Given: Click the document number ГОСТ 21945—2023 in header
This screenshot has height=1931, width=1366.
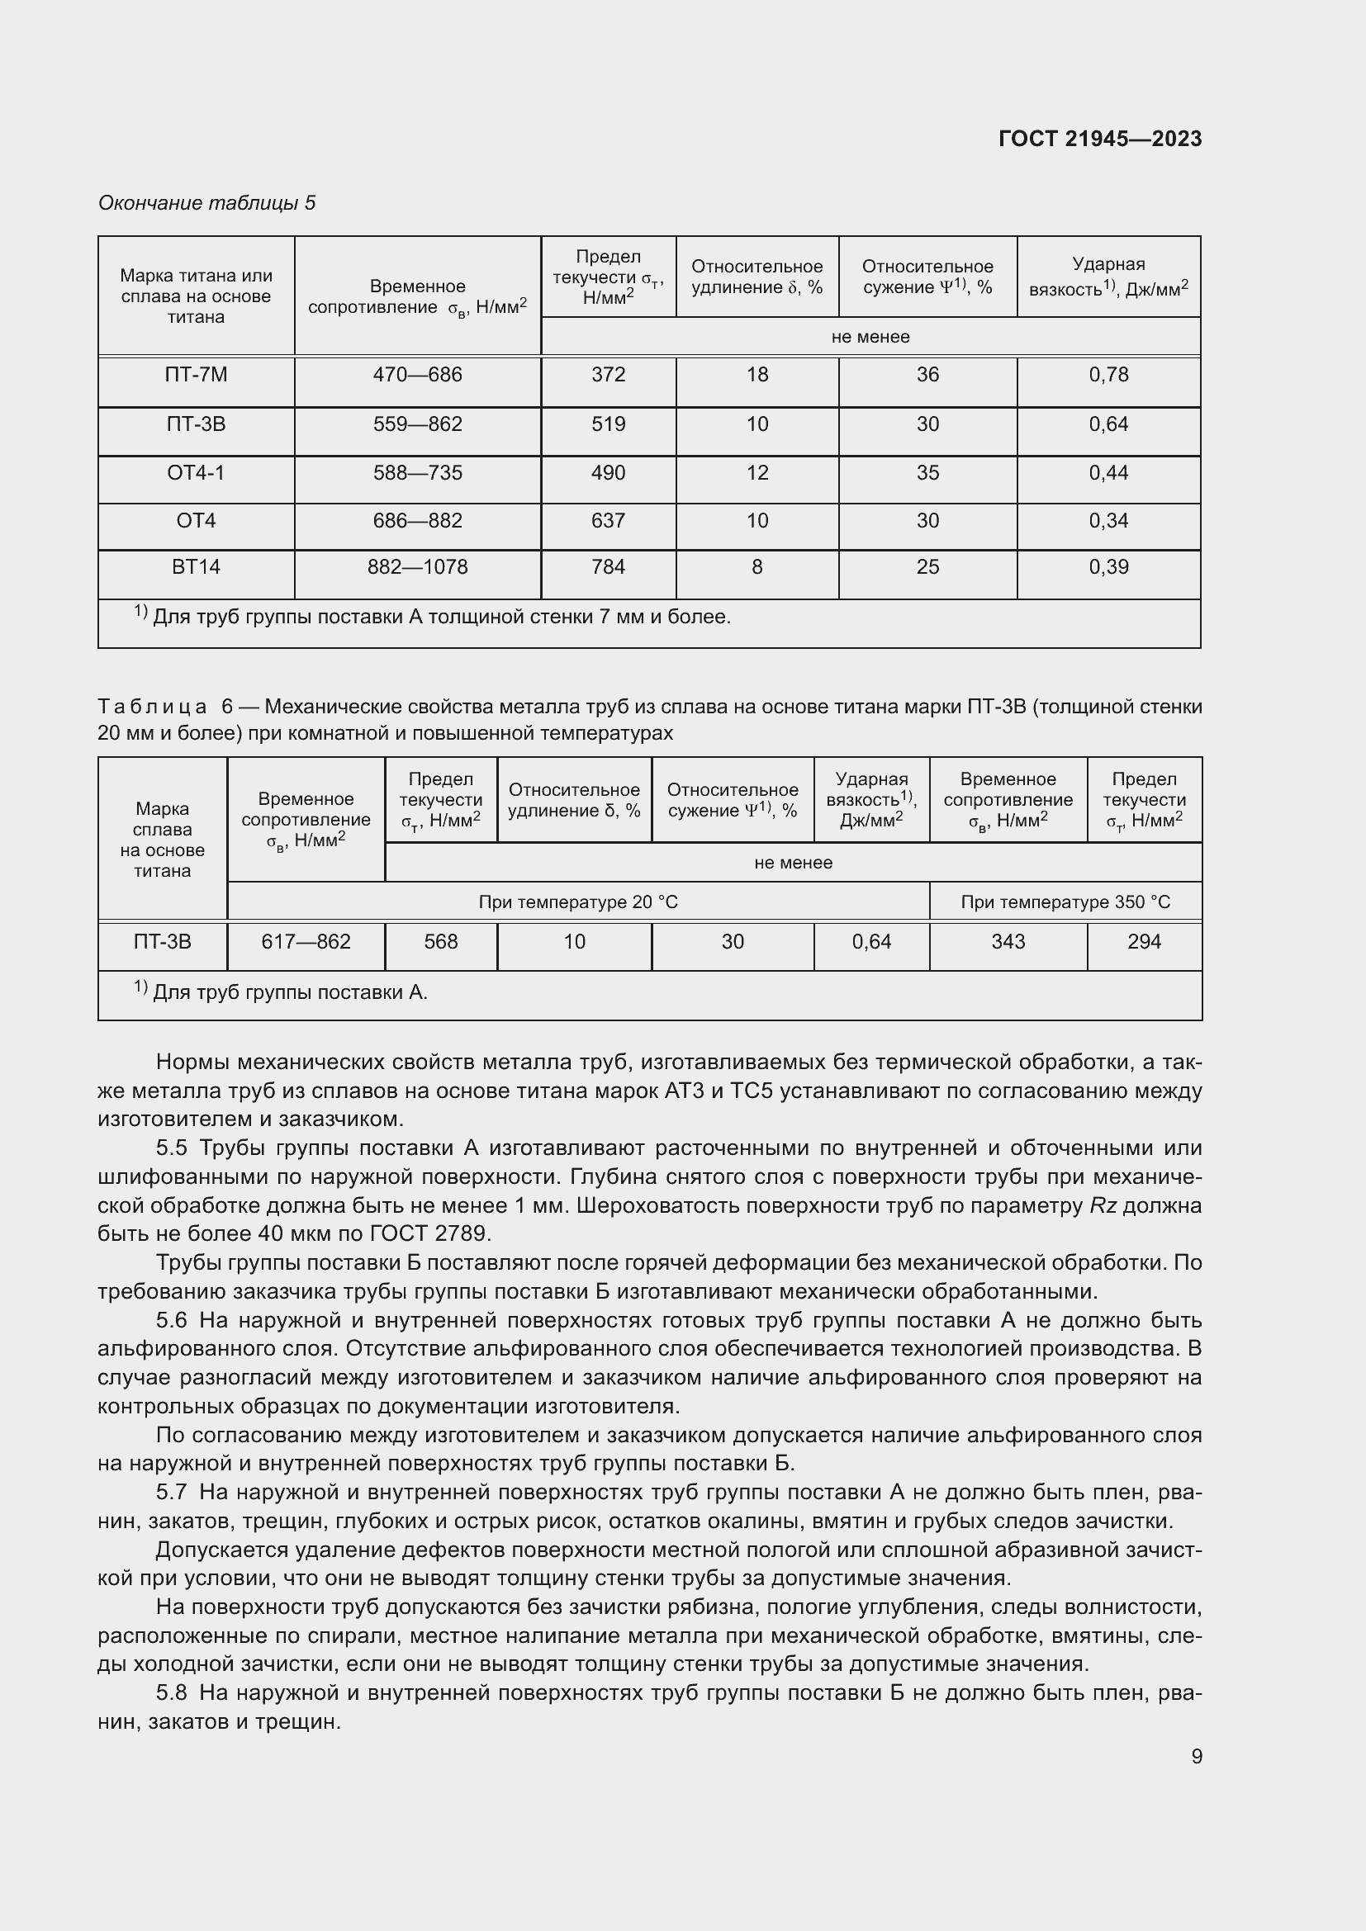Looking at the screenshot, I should pyautogui.click(x=1099, y=139).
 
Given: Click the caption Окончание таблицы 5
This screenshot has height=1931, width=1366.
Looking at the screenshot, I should pyautogui.click(x=207, y=203).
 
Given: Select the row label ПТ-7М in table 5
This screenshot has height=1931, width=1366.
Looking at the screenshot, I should pyautogui.click(x=196, y=375).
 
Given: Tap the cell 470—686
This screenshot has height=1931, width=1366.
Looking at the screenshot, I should pyautogui.click(x=417, y=375).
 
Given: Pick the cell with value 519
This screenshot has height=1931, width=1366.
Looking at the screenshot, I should pyautogui.click(x=608, y=424).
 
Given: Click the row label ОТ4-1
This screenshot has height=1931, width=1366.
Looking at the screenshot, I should pyautogui.click(x=196, y=474).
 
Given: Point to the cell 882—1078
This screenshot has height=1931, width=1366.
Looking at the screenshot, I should pyautogui.click(x=417, y=568).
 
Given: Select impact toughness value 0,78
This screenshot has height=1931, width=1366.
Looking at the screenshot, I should pyautogui.click(x=1108, y=375).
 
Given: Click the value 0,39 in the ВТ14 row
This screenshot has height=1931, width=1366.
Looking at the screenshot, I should pyautogui.click(x=1108, y=568).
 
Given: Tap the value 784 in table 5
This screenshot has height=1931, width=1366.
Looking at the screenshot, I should pyautogui.click(x=608, y=568).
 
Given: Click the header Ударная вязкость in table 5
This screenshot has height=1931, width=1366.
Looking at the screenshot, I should pyautogui.click(x=1108, y=277).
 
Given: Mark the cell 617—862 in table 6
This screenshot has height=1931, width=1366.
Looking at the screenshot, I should pyautogui.click(x=306, y=942).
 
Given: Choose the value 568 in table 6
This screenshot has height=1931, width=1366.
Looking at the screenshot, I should pyautogui.click(x=441, y=942).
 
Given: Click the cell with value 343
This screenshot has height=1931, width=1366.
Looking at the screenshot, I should pyautogui.click(x=1008, y=942).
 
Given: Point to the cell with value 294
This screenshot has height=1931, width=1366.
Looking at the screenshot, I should pyautogui.click(x=1144, y=942).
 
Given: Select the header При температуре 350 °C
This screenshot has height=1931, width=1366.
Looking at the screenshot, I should pyautogui.click(x=1065, y=902).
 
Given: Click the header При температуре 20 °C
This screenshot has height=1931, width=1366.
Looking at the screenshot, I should pyautogui.click(x=578, y=902).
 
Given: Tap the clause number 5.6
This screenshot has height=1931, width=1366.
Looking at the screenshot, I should pyautogui.click(x=172, y=1321).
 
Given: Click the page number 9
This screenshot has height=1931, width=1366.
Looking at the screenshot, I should pyautogui.click(x=1196, y=1757).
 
